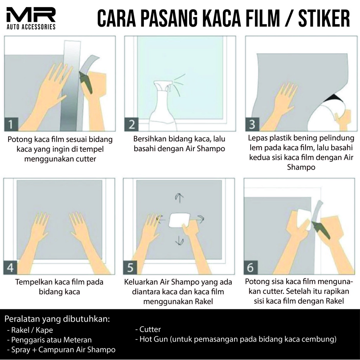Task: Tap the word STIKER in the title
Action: click(x=324, y=18)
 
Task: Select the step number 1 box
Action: click(x=11, y=124)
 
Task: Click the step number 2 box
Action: click(x=131, y=124)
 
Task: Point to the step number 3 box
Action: click(x=252, y=124)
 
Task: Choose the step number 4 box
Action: click(x=10, y=268)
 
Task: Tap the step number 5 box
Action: click(x=130, y=268)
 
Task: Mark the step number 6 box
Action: click(x=250, y=268)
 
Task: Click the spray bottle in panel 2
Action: click(x=161, y=105)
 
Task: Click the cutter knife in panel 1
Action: click(x=86, y=83)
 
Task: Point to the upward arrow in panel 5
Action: click(x=179, y=198)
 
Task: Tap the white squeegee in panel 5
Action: click(x=180, y=220)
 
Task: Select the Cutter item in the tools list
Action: click(x=148, y=329)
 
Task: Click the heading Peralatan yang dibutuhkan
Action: click(x=57, y=319)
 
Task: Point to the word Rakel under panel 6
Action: click(x=334, y=301)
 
